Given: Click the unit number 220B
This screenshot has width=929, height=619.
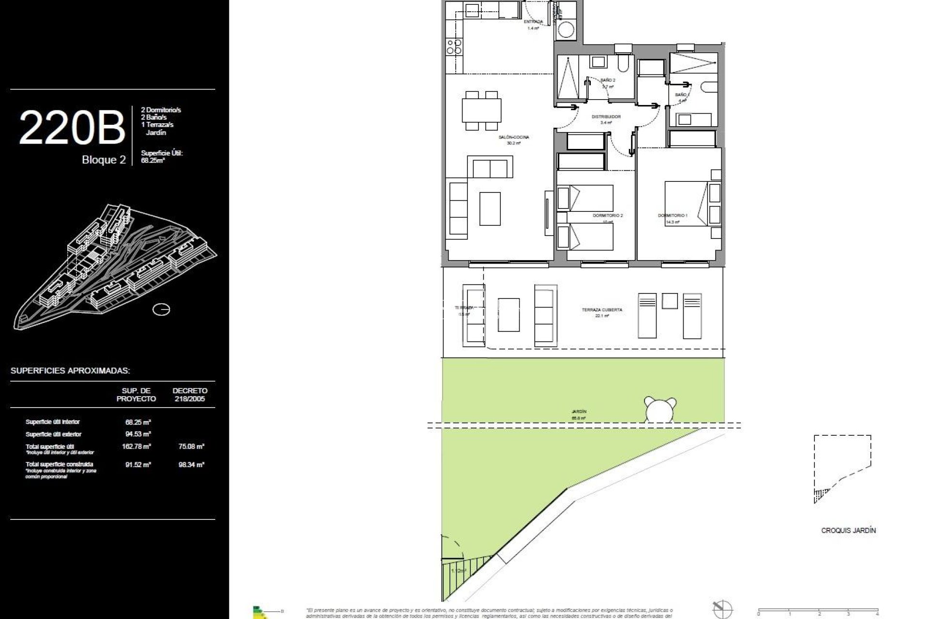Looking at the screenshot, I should pos(72,128).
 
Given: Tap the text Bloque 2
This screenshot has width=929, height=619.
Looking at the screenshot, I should pos(104,160).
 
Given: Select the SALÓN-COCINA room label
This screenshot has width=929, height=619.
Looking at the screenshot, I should pos(514,137).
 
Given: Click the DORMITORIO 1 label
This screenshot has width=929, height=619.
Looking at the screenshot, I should pos(672,215).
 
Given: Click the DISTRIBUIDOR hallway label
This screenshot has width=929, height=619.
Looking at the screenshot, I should pos(606,117).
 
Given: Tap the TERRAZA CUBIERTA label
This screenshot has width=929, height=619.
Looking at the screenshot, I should pos(602,310).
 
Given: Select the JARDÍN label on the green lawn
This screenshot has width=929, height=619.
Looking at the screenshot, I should pos(579,412).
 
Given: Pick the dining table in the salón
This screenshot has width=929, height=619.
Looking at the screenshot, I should pos(481,110).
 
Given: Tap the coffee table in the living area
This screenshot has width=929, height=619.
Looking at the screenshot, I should pos(490,208).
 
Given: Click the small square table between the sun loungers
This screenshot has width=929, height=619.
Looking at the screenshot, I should pos(670,301).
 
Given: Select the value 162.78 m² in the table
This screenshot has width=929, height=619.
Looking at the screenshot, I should pos(136,446).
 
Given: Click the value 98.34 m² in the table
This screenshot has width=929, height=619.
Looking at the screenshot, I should pos(191,465).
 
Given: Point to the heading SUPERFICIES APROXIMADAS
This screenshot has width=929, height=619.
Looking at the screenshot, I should pos(70,371).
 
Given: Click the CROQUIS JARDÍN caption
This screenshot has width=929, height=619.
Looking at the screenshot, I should pos(848,531).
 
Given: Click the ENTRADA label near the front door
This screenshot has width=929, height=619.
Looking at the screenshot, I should pos(533,22).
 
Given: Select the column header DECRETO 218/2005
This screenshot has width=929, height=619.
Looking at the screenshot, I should pos(190,395).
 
